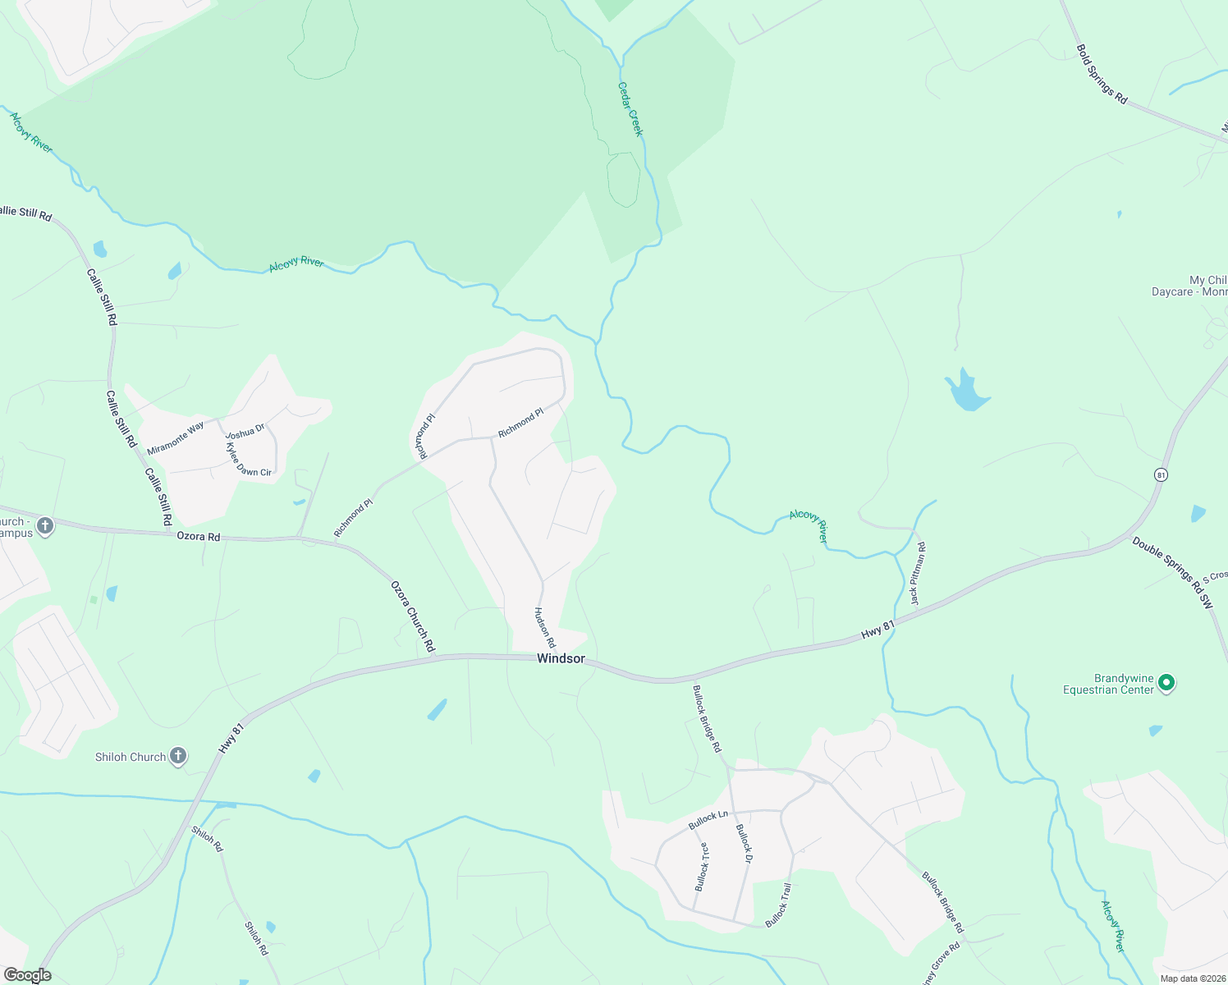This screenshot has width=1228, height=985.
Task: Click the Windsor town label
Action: point(561,658)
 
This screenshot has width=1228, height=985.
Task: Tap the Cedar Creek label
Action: point(630,109)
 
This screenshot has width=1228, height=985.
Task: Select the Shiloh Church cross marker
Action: point(178,757)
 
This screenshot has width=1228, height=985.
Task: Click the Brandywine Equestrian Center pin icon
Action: point(1166,683)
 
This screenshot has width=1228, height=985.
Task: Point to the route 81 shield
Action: point(1160,474)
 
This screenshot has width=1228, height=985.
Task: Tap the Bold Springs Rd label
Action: point(1102,75)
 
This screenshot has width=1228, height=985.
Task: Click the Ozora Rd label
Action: point(199,536)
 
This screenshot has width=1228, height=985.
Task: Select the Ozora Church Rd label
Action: point(412,617)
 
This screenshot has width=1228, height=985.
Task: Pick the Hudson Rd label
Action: point(545,628)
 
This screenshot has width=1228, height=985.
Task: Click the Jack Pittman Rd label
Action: point(919,574)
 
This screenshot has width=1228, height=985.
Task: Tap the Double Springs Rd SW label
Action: point(1171,572)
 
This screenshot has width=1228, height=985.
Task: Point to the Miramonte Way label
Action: point(176,438)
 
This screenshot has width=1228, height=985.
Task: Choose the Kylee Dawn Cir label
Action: point(248,460)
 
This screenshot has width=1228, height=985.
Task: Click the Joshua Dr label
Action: point(245,431)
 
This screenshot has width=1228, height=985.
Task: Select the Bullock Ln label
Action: point(708,819)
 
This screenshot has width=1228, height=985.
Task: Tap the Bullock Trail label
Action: point(779,905)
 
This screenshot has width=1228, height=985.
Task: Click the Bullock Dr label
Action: point(744,843)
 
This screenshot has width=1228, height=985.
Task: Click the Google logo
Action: point(27,975)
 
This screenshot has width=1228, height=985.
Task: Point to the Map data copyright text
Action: point(1192,978)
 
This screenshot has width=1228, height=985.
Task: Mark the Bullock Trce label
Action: point(703,867)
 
